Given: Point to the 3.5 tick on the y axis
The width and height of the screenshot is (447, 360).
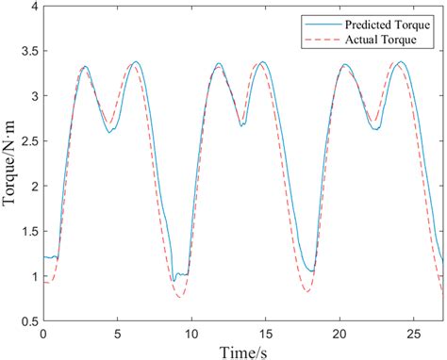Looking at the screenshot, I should (x=29, y=51).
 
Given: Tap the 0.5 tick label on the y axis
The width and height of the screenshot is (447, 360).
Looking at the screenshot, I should (x=29, y=321).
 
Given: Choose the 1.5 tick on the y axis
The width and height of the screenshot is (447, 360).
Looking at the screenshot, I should (x=29, y=231).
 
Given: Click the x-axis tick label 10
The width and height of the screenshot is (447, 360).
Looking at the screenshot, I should (x=190, y=333).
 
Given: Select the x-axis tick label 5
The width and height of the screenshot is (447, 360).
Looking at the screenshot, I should (x=117, y=333).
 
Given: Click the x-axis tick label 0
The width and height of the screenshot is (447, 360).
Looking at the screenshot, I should (x=43, y=333).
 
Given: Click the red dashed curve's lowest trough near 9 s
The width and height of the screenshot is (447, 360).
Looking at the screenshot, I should (x=179, y=298).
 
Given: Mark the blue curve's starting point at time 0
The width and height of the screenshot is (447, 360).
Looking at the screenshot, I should (x=44, y=256).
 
